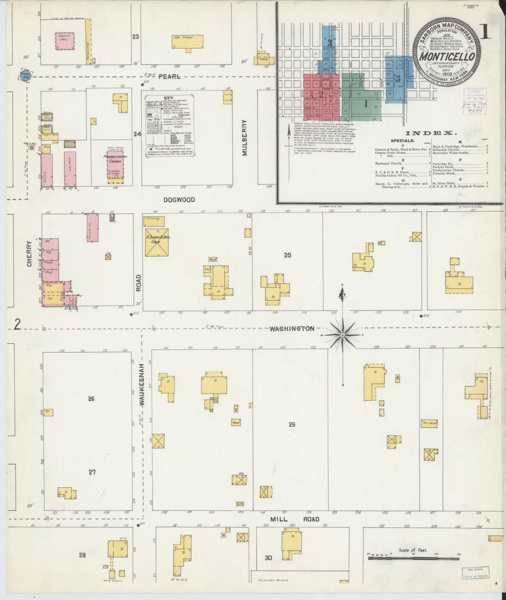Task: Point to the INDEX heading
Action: coord(431,133)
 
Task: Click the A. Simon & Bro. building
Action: coord(157,242)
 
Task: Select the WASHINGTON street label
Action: coord(292,329)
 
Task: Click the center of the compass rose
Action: coord(342,335)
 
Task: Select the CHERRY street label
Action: coord(29,253)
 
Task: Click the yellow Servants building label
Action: coord(429,423)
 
